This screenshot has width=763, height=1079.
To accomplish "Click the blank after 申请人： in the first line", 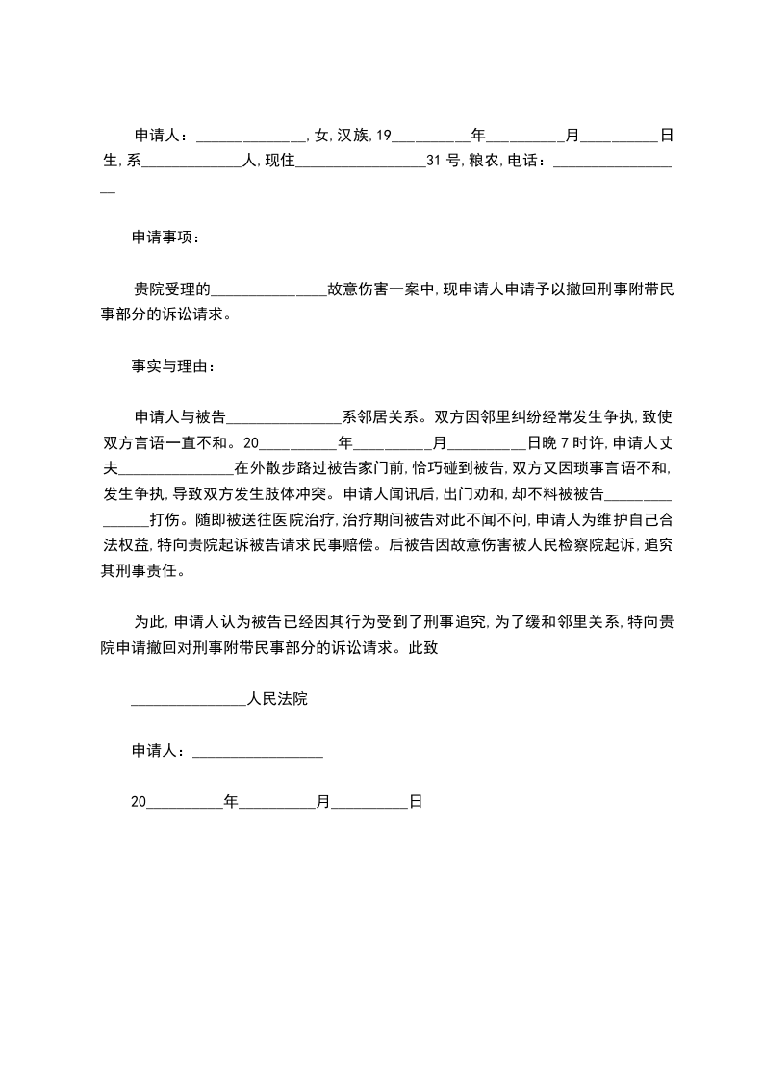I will pyautogui.click(x=250, y=136).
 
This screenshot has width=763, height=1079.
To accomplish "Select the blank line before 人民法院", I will pyautogui.click(x=189, y=700).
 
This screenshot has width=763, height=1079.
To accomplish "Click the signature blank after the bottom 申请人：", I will pyautogui.click(x=258, y=752).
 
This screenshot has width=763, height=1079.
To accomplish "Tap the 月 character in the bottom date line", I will pyautogui.click(x=323, y=800).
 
